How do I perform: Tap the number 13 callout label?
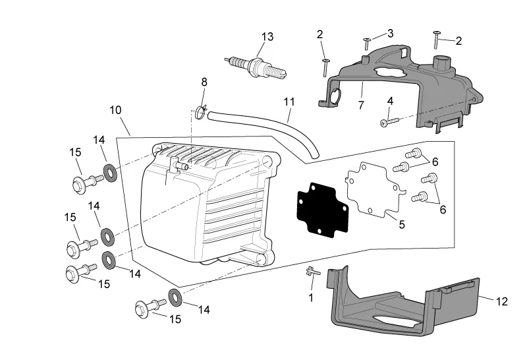point(267,36)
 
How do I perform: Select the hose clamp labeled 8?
point(202,107)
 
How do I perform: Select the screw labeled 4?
point(388,121)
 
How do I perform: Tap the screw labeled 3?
point(366,44)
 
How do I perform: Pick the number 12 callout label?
point(502,301)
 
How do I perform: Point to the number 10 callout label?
point(115,110)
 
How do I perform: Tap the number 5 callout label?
point(402,224)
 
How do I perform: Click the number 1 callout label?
point(311,298)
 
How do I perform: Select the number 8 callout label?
point(204,82)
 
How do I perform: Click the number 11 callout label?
point(289,102)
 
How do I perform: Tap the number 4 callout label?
point(390,101)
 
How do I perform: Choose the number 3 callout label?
point(390,33)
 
